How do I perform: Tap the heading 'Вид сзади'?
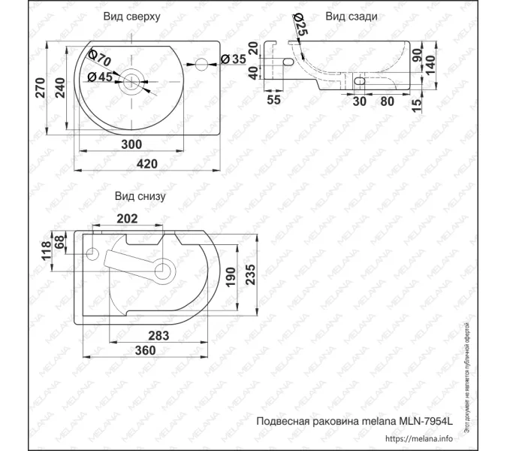pyautogui.click(x=351, y=16)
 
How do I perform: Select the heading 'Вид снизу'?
pyautogui.click(x=140, y=196)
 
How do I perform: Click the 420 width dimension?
pyautogui.click(x=146, y=163)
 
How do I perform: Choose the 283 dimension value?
pyautogui.click(x=157, y=334)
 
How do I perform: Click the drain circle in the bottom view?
pyautogui.click(x=163, y=268)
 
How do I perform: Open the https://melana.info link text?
pyautogui.click(x=419, y=438)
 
